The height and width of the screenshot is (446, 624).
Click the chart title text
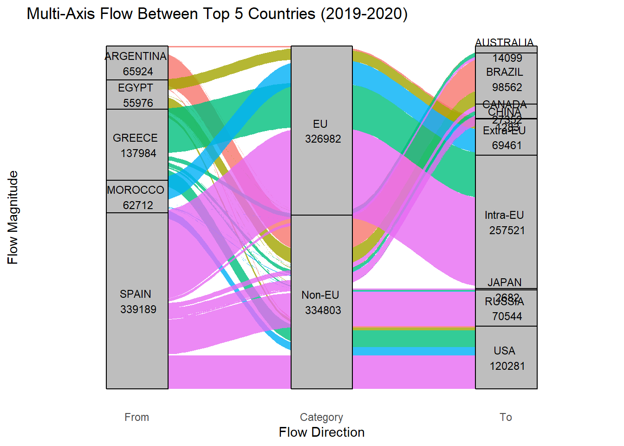coord(217,14)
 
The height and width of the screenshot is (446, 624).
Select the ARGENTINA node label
coord(136,56)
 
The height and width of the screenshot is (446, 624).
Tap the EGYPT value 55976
coord(138,103)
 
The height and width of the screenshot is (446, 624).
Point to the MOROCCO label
coord(136,190)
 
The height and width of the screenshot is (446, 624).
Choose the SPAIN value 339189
coord(138,309)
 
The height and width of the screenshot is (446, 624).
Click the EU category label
coord(320,124)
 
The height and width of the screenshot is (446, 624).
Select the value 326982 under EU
coord(323,139)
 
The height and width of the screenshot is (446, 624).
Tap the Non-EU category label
coord(320,295)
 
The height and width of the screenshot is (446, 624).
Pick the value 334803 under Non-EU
coord(323,310)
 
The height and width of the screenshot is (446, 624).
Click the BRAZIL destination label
coord(505,72)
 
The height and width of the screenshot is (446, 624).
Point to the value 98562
coord(507,87)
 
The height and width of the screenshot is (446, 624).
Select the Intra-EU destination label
coord(504,215)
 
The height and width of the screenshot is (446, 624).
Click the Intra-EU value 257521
coord(507,230)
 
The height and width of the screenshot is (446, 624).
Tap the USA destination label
coord(504,351)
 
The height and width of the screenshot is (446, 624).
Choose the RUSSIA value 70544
coord(507,316)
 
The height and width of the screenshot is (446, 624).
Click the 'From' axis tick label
coord(136,417)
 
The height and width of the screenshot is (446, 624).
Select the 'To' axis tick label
coord(506,417)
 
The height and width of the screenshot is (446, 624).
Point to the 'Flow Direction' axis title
coord(321,432)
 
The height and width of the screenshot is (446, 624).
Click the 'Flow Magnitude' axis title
coord(13,217)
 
